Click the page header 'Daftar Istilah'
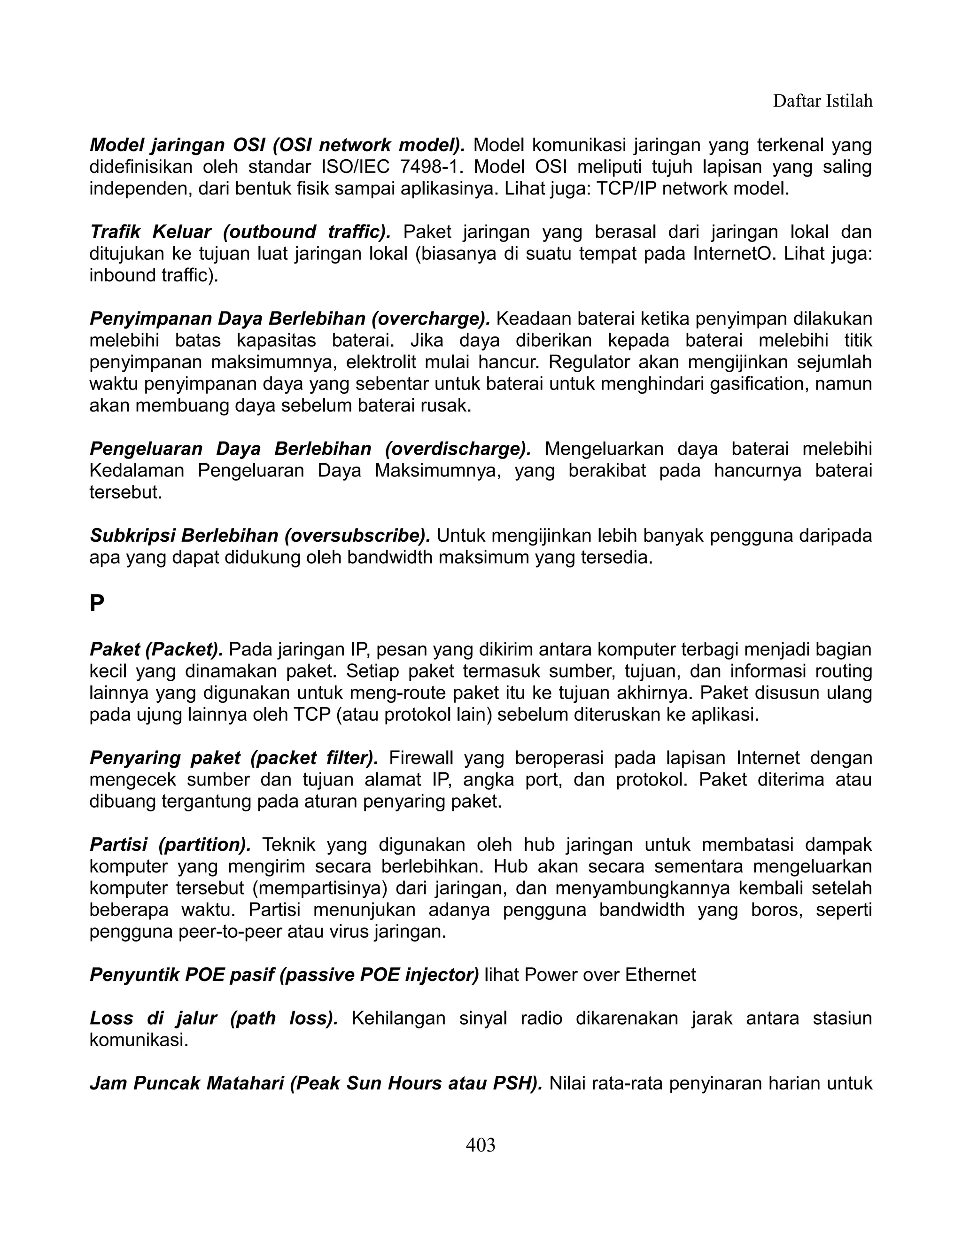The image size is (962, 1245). (822, 101)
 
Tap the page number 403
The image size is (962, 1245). (481, 1144)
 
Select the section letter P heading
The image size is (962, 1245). (97, 604)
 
